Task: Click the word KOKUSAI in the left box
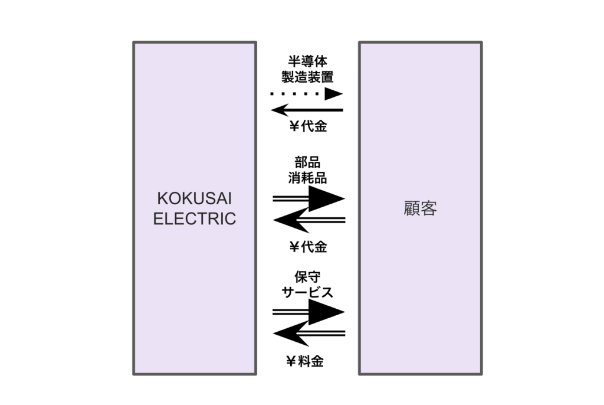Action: [x=194, y=198]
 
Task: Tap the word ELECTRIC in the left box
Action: [x=194, y=218]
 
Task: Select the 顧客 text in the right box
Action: [x=420, y=209]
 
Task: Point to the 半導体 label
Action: [x=307, y=61]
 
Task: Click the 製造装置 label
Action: [x=307, y=76]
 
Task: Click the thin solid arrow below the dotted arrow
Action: [x=307, y=110]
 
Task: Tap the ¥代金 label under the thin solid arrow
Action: [x=307, y=126]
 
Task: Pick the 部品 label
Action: [x=307, y=162]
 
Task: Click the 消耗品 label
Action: [x=307, y=177]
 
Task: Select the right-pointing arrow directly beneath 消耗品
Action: [x=308, y=198]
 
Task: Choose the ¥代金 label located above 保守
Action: [x=307, y=247]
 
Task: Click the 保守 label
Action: [x=307, y=276]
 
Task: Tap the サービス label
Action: [x=307, y=292]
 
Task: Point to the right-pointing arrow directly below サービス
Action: [x=308, y=312]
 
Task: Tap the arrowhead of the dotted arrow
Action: [x=334, y=94]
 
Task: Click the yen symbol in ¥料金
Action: [x=290, y=361]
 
